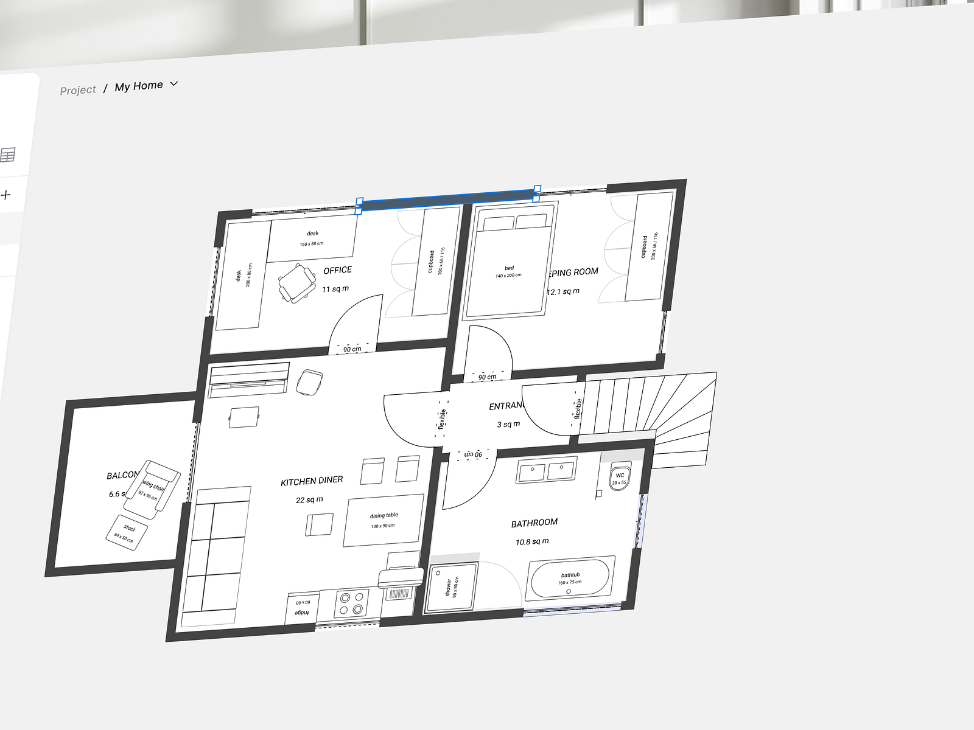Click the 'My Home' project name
(x=138, y=86)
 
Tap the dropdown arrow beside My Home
(x=174, y=84)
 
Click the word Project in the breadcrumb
(x=78, y=90)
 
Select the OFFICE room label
(x=337, y=271)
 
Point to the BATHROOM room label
(x=534, y=523)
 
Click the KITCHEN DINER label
(x=312, y=481)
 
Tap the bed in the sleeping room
(x=508, y=268)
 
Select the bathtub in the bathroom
(x=570, y=579)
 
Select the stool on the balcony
(x=127, y=532)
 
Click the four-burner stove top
(x=351, y=603)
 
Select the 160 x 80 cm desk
(x=312, y=238)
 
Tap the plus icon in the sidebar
(x=6, y=195)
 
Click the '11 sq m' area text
(x=335, y=290)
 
